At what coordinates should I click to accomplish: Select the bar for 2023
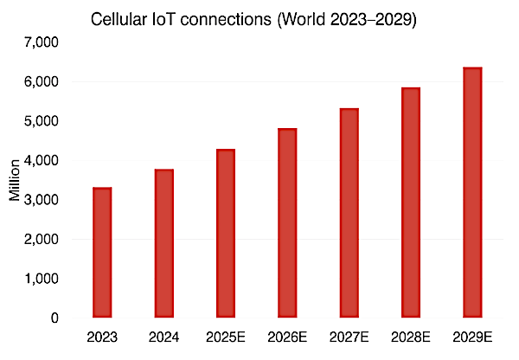[x=101, y=253]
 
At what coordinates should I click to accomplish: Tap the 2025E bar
[x=225, y=234]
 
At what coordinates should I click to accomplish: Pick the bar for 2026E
[x=287, y=223]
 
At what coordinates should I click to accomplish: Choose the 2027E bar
[x=349, y=213]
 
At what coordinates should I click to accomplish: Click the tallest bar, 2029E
[x=472, y=192]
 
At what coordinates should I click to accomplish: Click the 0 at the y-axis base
[x=54, y=318]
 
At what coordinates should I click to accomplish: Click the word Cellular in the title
[x=122, y=19]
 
